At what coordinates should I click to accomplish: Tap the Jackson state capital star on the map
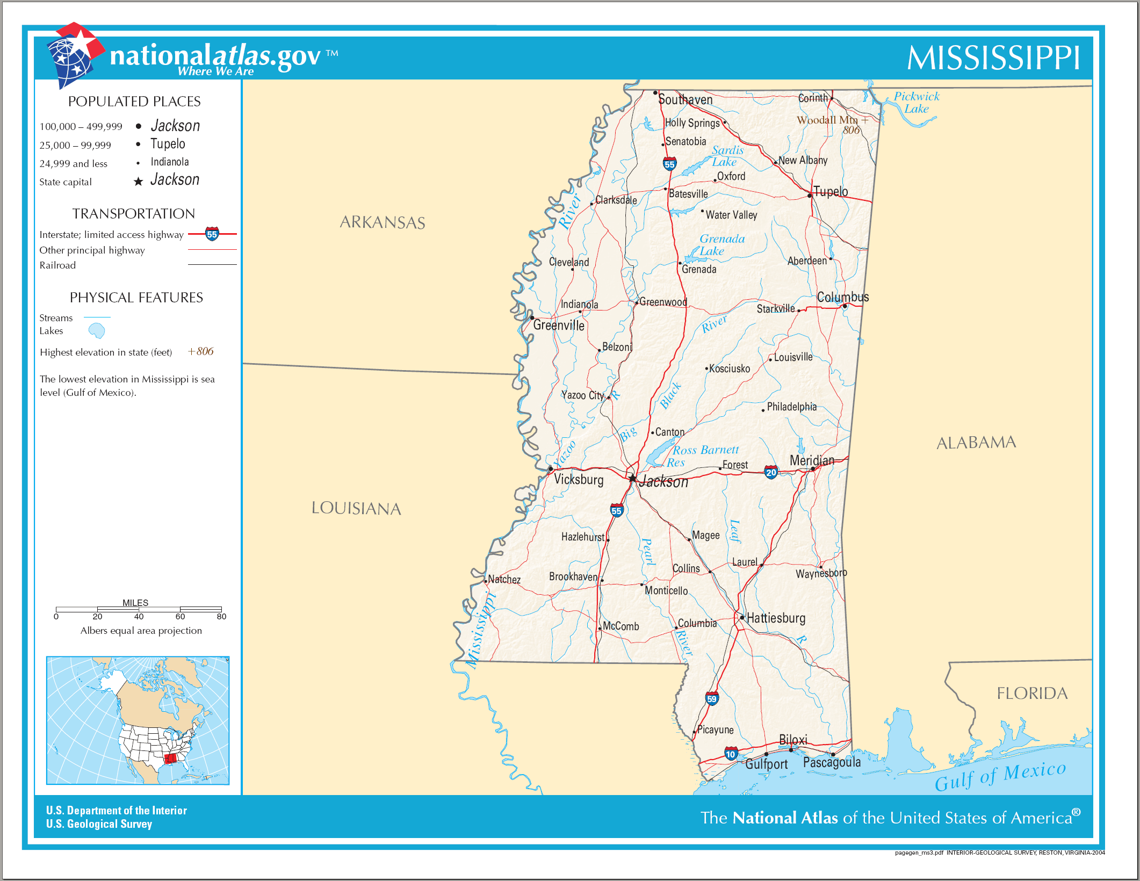633,478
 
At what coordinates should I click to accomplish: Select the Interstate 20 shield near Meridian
771,472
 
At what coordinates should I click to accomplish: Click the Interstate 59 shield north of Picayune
712,698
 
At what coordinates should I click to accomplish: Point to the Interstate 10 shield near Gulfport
731,754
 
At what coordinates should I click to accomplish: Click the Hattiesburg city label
776,618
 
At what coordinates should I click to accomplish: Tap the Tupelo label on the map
830,191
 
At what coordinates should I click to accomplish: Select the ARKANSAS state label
382,222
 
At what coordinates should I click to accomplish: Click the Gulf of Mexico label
1000,776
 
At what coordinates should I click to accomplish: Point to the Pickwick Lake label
917,103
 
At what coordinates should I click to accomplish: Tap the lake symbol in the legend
97,331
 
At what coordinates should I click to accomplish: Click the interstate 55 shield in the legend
212,234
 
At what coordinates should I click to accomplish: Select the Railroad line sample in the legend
212,265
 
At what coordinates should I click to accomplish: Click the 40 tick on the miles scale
139,616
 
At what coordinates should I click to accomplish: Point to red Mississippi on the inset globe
171,759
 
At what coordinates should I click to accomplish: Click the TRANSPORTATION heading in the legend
134,214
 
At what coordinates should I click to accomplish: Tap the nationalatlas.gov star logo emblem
75,54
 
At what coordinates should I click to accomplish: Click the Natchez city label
504,579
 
